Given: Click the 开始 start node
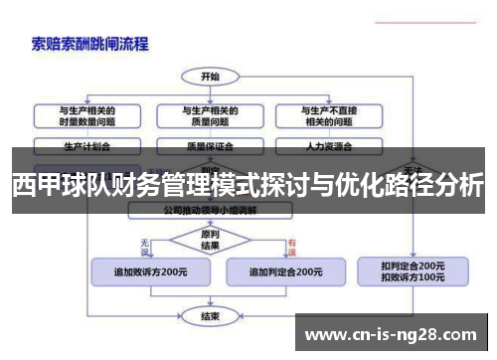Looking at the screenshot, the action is [210, 76].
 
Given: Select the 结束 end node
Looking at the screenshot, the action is [210, 315].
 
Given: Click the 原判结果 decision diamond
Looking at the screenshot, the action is [210, 241].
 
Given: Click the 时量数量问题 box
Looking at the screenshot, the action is [86, 114].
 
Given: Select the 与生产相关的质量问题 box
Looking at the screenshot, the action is [210, 114].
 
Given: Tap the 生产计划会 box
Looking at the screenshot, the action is [86, 144].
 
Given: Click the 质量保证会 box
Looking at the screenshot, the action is [210, 144].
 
